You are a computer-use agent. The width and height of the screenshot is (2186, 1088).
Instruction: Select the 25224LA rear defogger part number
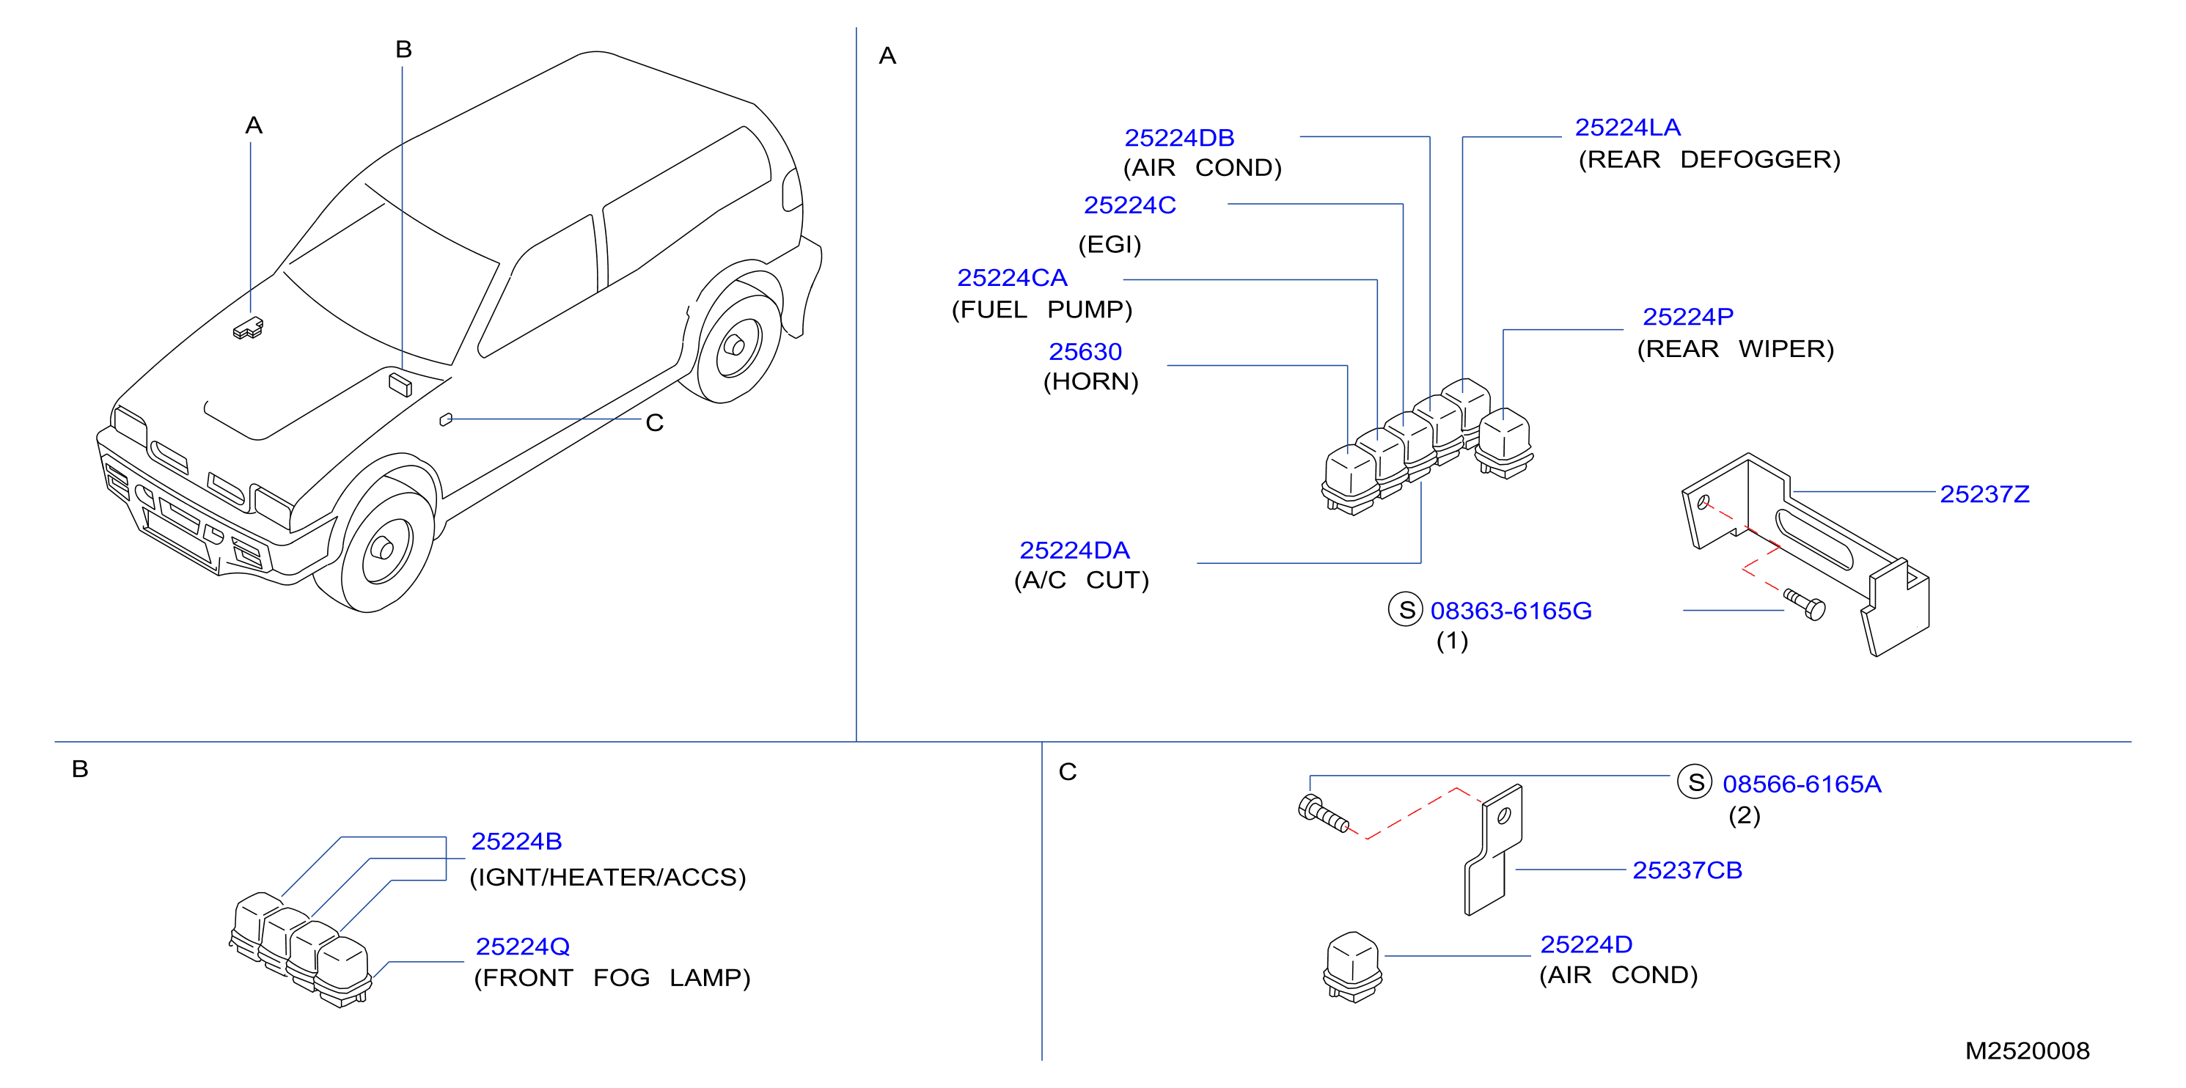pos(1628,128)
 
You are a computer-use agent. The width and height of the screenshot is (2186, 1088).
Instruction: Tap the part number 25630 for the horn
pos(1085,351)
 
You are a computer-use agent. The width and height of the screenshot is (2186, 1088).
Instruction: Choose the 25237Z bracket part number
pos(1985,494)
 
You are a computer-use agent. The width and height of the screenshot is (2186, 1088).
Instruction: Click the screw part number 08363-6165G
pos(1511,610)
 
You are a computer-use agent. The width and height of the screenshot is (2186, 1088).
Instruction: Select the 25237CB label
pos(1687,870)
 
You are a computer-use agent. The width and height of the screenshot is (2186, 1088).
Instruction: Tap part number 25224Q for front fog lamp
pos(523,947)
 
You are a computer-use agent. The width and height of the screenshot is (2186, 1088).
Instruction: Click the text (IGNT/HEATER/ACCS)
pos(608,877)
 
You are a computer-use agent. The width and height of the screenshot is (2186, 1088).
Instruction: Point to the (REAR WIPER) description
pos(1736,349)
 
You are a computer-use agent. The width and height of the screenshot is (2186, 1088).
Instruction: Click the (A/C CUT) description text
pos(1081,581)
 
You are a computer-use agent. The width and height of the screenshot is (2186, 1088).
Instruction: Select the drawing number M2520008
pos(2028,1051)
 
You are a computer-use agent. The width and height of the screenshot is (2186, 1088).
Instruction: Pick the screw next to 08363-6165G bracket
pos(1804,604)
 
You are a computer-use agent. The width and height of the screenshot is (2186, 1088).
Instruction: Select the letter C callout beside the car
pos(654,422)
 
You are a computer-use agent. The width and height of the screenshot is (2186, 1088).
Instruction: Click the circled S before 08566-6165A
pos(1695,782)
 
